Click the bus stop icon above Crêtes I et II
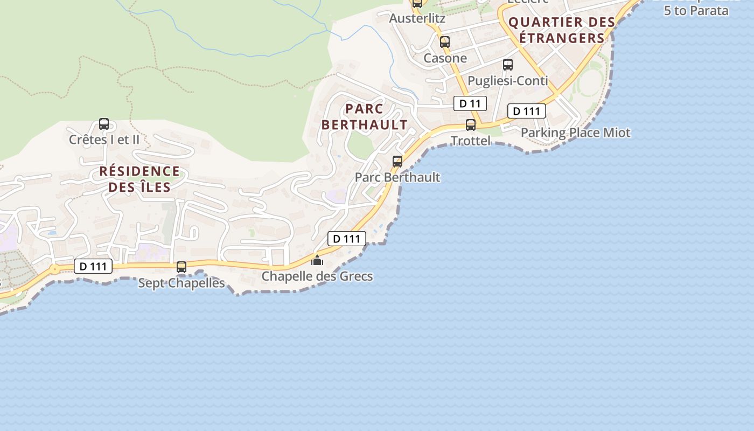[104, 124]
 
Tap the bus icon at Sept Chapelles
[181, 267]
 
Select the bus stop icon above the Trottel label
[471, 125]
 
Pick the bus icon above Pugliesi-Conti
[508, 65]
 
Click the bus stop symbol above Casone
[444, 42]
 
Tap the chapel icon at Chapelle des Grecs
[317, 261]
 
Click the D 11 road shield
[470, 103]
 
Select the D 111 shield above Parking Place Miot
[526, 112]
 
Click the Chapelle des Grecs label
[317, 276]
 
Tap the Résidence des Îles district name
[139, 179]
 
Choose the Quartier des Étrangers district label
[562, 30]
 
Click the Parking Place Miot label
[575, 133]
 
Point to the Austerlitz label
[417, 18]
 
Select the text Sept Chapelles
[181, 283]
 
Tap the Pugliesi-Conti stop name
[508, 81]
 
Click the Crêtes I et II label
[104, 140]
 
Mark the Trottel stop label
[471, 141]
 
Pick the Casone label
[445, 58]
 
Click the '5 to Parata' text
[696, 10]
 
